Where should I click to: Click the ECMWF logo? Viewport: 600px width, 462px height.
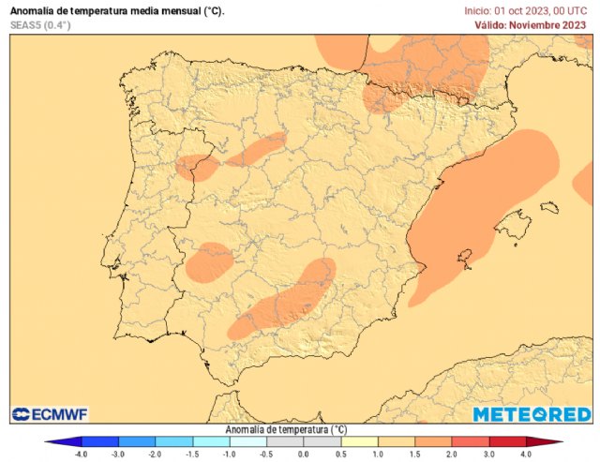(x=51, y=413)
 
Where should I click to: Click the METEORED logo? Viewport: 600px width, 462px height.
(x=532, y=413)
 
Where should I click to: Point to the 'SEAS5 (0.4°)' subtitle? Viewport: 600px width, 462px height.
(x=39, y=24)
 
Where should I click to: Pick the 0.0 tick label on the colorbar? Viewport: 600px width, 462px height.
(x=303, y=454)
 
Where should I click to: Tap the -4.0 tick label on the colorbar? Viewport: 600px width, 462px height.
(x=82, y=454)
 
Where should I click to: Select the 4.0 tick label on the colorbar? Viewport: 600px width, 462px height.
(x=525, y=454)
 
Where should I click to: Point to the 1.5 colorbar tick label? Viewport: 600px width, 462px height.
(x=414, y=454)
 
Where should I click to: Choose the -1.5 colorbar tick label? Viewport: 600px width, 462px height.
(x=192, y=454)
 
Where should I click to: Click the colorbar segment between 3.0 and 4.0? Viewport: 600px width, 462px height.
(x=506, y=440)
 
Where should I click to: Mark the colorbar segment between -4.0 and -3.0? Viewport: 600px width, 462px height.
(x=100, y=440)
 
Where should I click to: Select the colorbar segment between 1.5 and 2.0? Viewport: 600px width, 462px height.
(x=432, y=440)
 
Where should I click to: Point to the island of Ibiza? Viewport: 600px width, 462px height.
(x=463, y=257)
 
